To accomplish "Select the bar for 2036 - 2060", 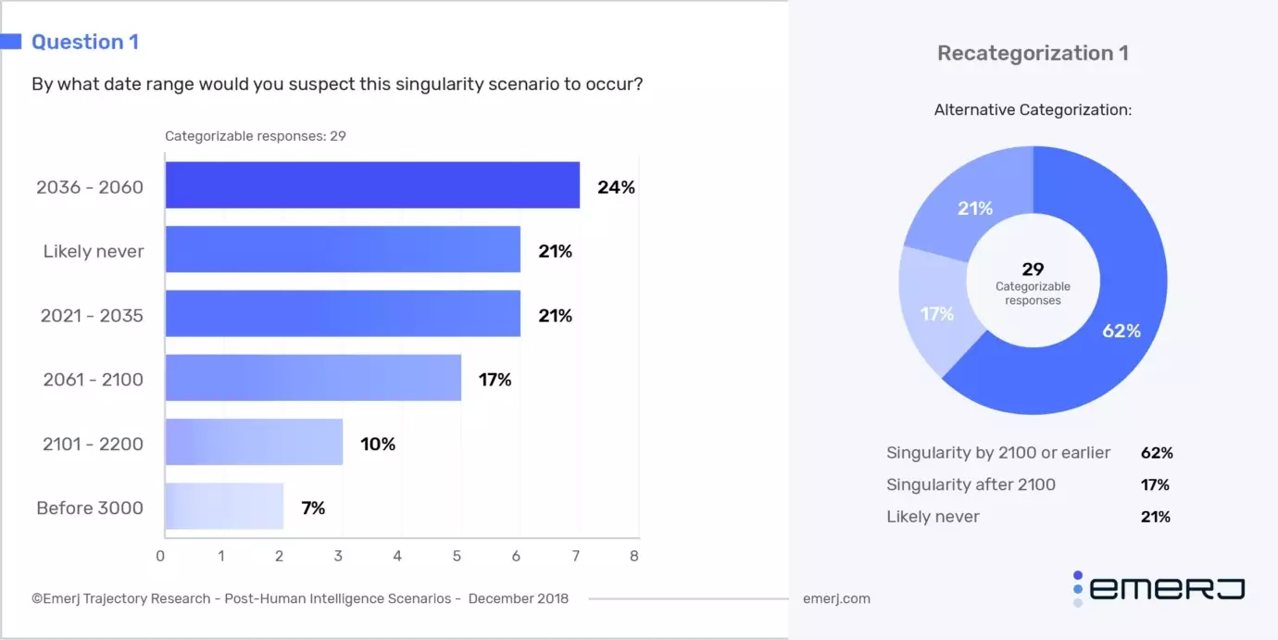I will (372, 185).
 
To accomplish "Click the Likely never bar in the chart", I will (343, 250).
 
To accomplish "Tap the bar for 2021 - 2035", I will (343, 315).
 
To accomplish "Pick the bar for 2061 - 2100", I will (313, 379).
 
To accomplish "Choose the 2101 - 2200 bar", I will (254, 443).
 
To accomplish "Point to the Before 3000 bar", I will (224, 507).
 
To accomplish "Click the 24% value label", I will (616, 187).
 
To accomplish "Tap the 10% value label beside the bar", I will (378, 445).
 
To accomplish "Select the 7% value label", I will (313, 508).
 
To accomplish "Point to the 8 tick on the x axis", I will (634, 557).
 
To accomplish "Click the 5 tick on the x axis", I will (457, 557).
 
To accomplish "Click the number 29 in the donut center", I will (1033, 270).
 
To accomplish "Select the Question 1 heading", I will (84, 42).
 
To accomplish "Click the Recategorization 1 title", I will (1033, 54).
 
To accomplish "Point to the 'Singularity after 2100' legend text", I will (971, 484).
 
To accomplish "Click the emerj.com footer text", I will (836, 598).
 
